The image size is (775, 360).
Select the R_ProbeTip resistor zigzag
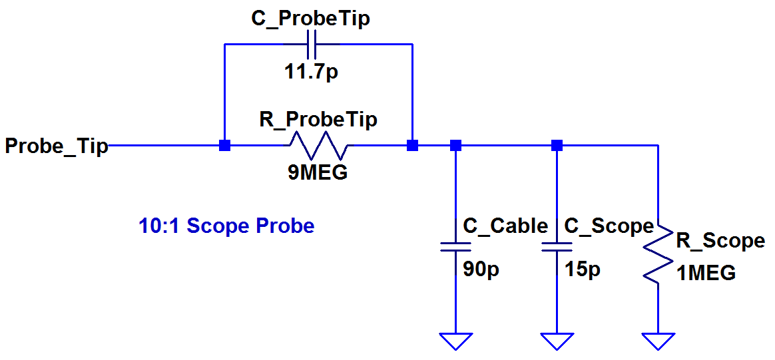pyautogui.click(x=318, y=145)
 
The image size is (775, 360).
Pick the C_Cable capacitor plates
pyautogui.click(x=455, y=247)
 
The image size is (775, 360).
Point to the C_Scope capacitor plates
pyautogui.click(x=557, y=247)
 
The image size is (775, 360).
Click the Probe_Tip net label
pyautogui.click(x=57, y=146)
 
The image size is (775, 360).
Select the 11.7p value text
pyautogui.click(x=312, y=74)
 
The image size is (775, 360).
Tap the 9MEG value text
pyautogui.click(x=318, y=172)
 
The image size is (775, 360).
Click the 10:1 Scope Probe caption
pyautogui.click(x=227, y=226)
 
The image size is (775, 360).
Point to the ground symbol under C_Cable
pyautogui.click(x=455, y=341)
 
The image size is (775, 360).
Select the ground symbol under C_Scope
pyautogui.click(x=557, y=341)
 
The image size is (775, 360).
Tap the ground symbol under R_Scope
pyautogui.click(x=658, y=341)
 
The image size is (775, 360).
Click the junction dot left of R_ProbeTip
pyautogui.click(x=224, y=145)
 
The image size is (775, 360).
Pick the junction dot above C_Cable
pyautogui.click(x=455, y=145)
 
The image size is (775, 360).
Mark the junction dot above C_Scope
pyautogui.click(x=557, y=145)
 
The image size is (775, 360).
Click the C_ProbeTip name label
pyautogui.click(x=311, y=19)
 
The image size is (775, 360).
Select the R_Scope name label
pyautogui.click(x=716, y=241)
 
